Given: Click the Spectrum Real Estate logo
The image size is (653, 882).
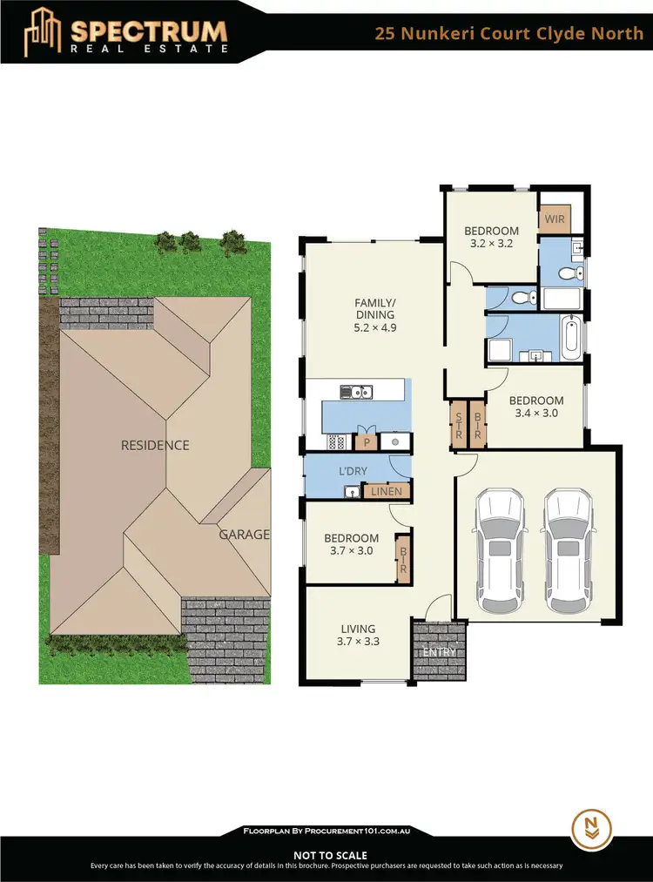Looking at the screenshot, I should coord(126,32).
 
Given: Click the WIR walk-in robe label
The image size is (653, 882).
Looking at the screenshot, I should coord(555,219).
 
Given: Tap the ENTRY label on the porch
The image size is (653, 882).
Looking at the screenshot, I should coord(439,652).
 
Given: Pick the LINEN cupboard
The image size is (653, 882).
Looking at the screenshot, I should coord(387,492).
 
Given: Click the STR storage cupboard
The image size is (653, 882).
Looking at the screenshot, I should coord(457,424).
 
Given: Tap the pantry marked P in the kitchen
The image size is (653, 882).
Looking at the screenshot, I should coord(367,441).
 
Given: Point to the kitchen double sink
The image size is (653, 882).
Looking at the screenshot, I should coord(357,391).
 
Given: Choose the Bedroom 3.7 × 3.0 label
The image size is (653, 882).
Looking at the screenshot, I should coord(351,544).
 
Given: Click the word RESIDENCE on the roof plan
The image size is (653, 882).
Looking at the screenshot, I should coord(155,445).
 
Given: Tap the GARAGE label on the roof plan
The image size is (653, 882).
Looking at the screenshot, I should coord(244,535).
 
